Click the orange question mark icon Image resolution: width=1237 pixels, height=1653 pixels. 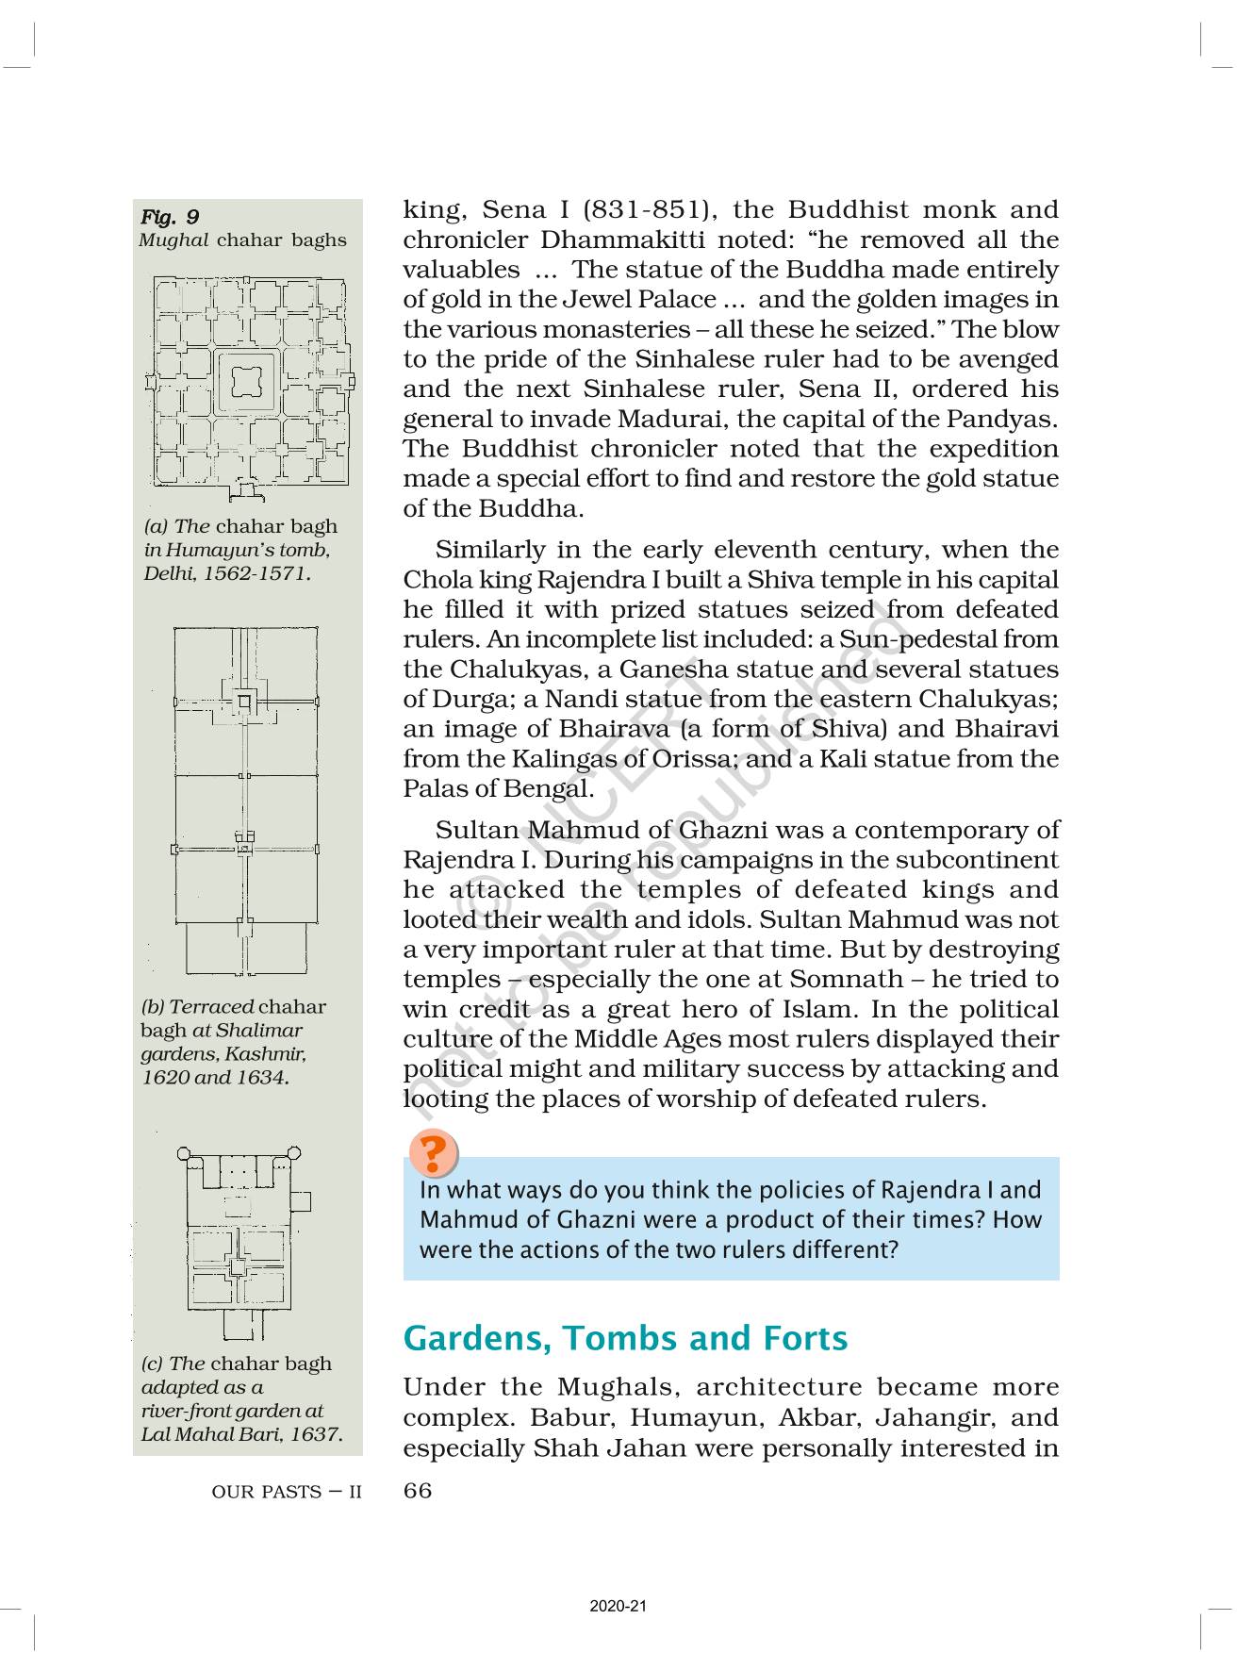point(433,1152)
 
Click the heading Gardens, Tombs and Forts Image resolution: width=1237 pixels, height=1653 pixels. point(625,1338)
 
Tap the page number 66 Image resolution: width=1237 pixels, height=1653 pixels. point(418,1490)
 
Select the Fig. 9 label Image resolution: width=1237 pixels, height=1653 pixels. point(170,217)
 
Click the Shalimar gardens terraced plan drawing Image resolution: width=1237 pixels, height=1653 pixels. point(246,800)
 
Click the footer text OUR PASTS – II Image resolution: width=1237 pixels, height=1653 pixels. point(286,1492)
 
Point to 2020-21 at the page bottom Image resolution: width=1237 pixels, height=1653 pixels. point(618,1606)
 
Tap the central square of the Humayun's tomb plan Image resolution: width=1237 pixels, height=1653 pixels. point(247,382)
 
